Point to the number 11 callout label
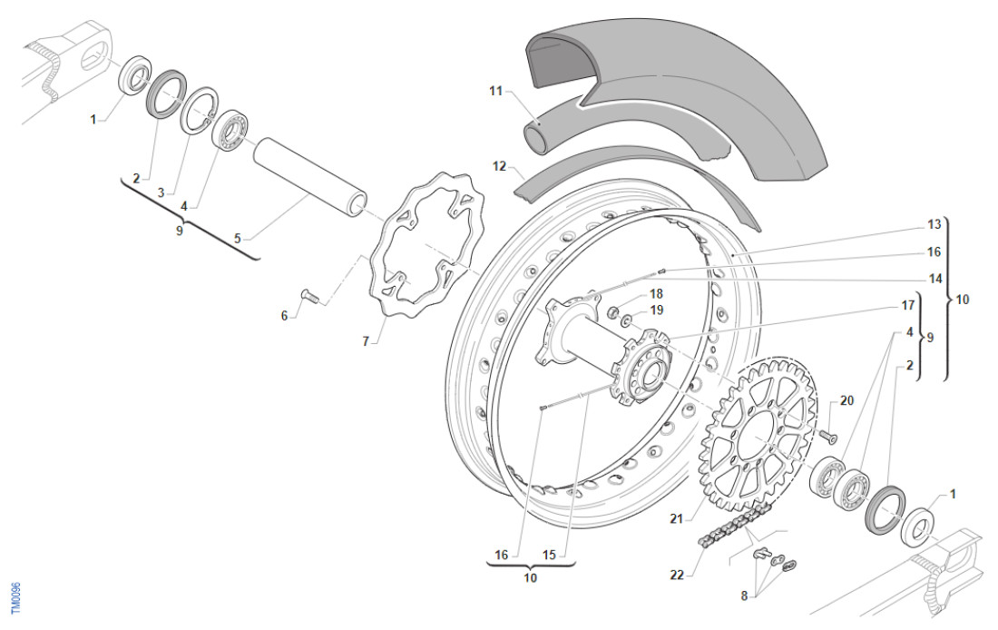[494, 91]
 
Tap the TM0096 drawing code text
[15, 599]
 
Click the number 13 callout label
[934, 224]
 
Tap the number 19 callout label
[657, 310]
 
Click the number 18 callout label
[657, 293]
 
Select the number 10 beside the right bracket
[963, 299]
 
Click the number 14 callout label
[934, 278]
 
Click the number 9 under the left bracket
[179, 231]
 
